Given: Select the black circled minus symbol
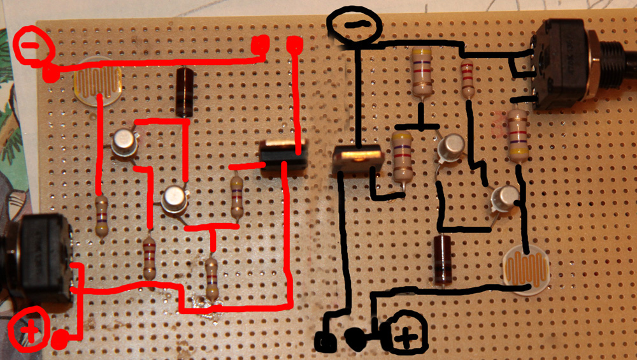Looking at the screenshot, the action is tap(354, 25).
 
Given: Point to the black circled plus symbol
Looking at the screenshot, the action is tap(404, 334).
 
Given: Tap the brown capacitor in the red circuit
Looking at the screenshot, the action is tap(184, 91).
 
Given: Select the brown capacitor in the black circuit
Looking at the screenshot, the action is tap(442, 259).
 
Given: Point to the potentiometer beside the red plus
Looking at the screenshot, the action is tap(38, 261).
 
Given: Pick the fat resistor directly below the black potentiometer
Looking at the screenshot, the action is tap(518, 134).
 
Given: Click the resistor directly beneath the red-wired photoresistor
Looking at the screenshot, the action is tap(101, 216).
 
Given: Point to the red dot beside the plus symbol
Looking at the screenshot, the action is tap(61, 340).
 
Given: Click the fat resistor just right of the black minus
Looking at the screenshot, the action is tap(421, 71).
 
